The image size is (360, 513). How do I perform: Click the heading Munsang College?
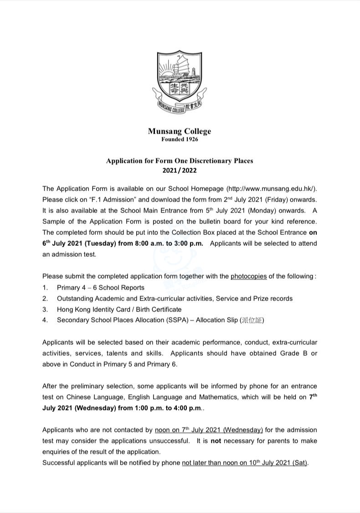click(179, 131)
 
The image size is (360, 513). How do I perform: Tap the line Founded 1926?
click(180, 140)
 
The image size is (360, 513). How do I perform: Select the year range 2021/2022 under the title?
click(180, 171)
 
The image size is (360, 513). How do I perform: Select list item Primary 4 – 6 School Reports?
click(100, 288)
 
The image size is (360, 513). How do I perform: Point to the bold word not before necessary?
click(229, 441)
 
